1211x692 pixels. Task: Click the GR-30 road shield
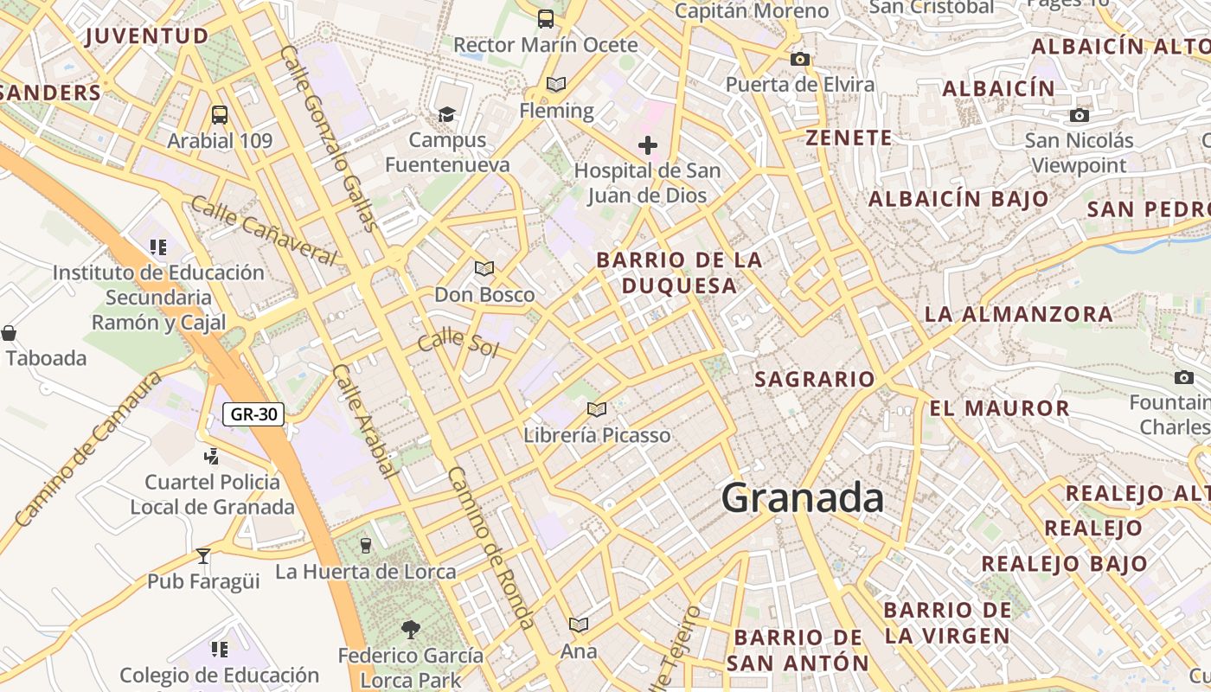[x=254, y=414]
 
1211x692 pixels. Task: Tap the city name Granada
[x=803, y=498]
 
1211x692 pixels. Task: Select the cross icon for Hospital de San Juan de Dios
[x=648, y=144]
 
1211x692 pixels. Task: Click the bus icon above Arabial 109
[x=220, y=115]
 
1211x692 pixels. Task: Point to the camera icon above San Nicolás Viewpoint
[x=1079, y=115]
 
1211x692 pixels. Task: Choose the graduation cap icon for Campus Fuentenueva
[x=446, y=114]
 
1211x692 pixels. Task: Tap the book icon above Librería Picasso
[x=596, y=409]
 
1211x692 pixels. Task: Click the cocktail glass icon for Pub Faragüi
[x=203, y=555]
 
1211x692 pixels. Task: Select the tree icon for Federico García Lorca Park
[x=411, y=629]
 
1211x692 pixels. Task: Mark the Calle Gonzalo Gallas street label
[x=330, y=138]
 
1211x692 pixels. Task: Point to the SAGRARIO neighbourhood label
[x=815, y=380]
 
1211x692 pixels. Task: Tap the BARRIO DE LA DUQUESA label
[x=680, y=272]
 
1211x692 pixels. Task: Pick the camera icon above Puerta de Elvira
[x=800, y=59]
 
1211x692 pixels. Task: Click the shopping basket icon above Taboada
[x=9, y=333]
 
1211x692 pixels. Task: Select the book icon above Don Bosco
[x=484, y=269]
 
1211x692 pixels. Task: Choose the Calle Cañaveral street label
[x=264, y=231]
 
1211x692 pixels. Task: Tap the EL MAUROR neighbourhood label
[x=1000, y=408]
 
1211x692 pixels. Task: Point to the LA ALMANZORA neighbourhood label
[x=1019, y=314]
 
